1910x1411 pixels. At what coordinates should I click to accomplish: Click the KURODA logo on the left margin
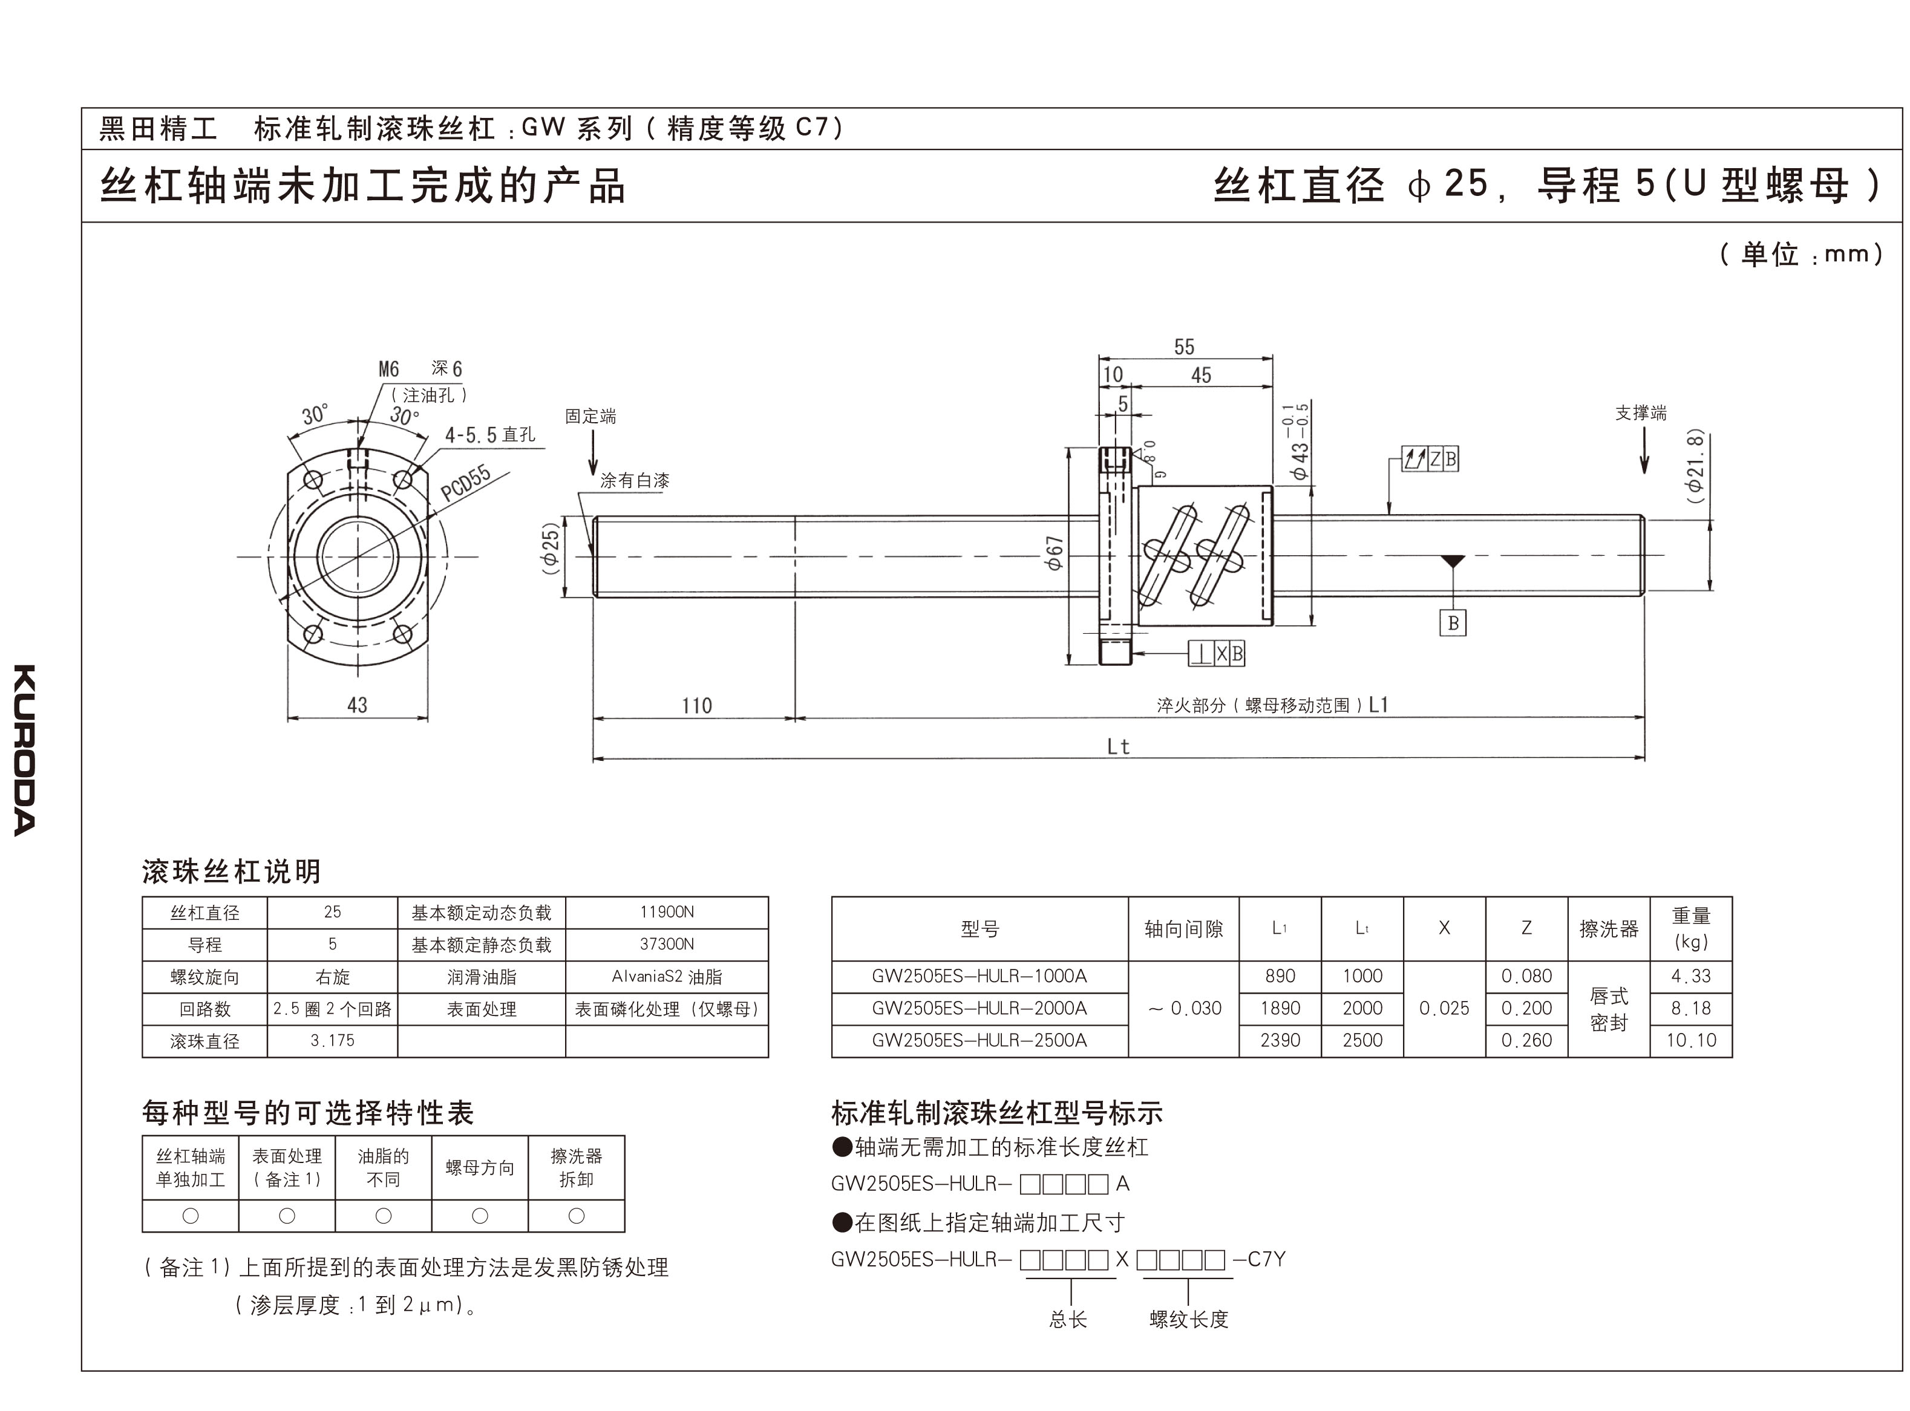coord(25,750)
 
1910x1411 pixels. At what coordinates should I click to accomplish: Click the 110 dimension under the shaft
coord(696,705)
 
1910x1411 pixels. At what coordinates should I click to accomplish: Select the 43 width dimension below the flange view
coord(357,705)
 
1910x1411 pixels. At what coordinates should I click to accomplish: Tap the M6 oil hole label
coord(388,369)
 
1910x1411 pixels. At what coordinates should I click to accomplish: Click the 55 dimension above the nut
coord(1184,347)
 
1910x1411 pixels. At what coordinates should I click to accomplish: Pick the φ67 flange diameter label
coord(1056,553)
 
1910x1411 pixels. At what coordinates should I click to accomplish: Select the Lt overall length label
coord(1118,746)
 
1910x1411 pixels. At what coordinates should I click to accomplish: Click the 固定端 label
coord(590,416)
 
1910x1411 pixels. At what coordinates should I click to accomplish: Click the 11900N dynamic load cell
coord(666,912)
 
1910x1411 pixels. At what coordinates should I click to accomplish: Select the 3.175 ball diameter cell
coord(332,1040)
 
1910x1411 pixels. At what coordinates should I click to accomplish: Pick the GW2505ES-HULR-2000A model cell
coord(979,1008)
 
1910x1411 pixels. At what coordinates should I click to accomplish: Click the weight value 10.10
coord(1690,1040)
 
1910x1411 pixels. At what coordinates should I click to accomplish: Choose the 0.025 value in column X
coord(1444,1008)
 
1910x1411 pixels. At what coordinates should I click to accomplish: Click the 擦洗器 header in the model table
coord(1609,928)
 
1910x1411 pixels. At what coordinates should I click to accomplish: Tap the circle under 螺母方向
coord(480,1216)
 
